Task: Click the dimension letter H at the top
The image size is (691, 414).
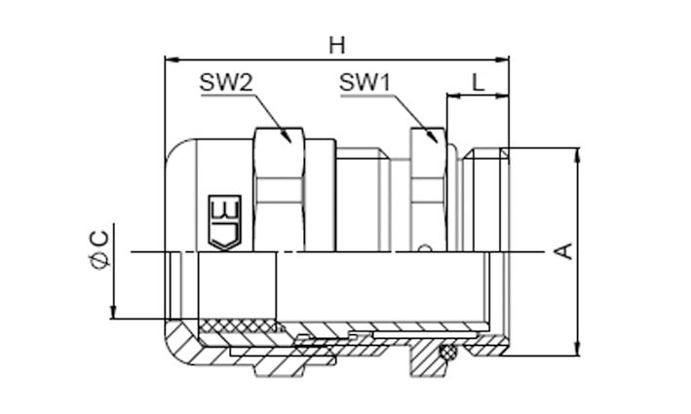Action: [337, 46]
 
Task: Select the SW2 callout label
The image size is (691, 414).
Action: [226, 83]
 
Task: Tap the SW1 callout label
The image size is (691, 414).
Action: [365, 83]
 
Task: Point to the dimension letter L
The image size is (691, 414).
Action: [479, 83]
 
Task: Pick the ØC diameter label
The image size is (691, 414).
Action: [99, 249]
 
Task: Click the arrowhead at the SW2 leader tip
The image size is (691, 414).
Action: [287, 134]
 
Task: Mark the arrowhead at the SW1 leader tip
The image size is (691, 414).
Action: [433, 135]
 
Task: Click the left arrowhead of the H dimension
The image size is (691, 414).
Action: [173, 58]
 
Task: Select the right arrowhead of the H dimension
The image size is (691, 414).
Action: [501, 58]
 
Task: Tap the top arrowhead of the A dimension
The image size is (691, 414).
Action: [578, 156]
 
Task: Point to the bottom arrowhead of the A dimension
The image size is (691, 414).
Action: [578, 348]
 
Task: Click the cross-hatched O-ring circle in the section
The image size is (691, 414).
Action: [448, 352]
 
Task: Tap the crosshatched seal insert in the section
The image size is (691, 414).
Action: [238, 327]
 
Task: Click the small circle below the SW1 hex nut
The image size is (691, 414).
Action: [424, 248]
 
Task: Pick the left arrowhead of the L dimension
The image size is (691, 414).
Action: [455, 95]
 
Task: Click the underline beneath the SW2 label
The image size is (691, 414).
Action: [227, 94]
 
